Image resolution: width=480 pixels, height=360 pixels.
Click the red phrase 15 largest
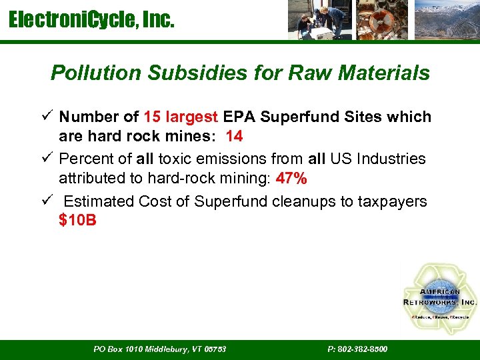(180, 117)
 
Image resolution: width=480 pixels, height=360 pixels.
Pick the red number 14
(234, 137)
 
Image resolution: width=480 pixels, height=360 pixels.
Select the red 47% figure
(291, 179)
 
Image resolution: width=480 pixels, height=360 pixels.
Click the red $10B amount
(77, 220)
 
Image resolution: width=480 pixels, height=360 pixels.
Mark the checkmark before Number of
(45, 117)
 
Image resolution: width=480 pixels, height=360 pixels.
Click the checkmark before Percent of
(45, 159)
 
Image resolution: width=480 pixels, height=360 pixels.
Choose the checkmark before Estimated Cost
(45, 201)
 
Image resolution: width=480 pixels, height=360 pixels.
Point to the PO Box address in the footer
(159, 349)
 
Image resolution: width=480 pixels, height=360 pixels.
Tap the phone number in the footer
(357, 349)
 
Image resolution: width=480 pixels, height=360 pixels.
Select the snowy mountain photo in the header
(446, 21)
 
